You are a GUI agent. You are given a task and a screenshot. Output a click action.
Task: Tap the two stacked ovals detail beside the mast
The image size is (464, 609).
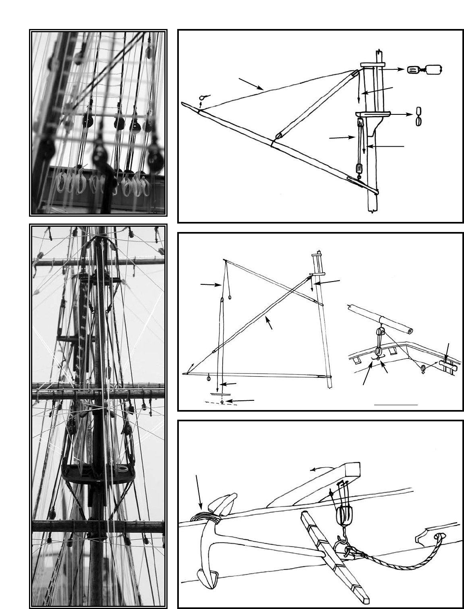point(419,116)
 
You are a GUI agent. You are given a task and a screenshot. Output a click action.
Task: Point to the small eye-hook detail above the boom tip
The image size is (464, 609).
point(204,98)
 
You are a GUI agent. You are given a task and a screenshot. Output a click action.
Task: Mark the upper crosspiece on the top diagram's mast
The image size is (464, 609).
point(373,64)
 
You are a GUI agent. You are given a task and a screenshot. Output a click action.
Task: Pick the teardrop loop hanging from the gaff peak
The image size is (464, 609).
point(230,298)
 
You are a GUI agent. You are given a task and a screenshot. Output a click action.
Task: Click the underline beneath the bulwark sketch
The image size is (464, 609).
point(396,403)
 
